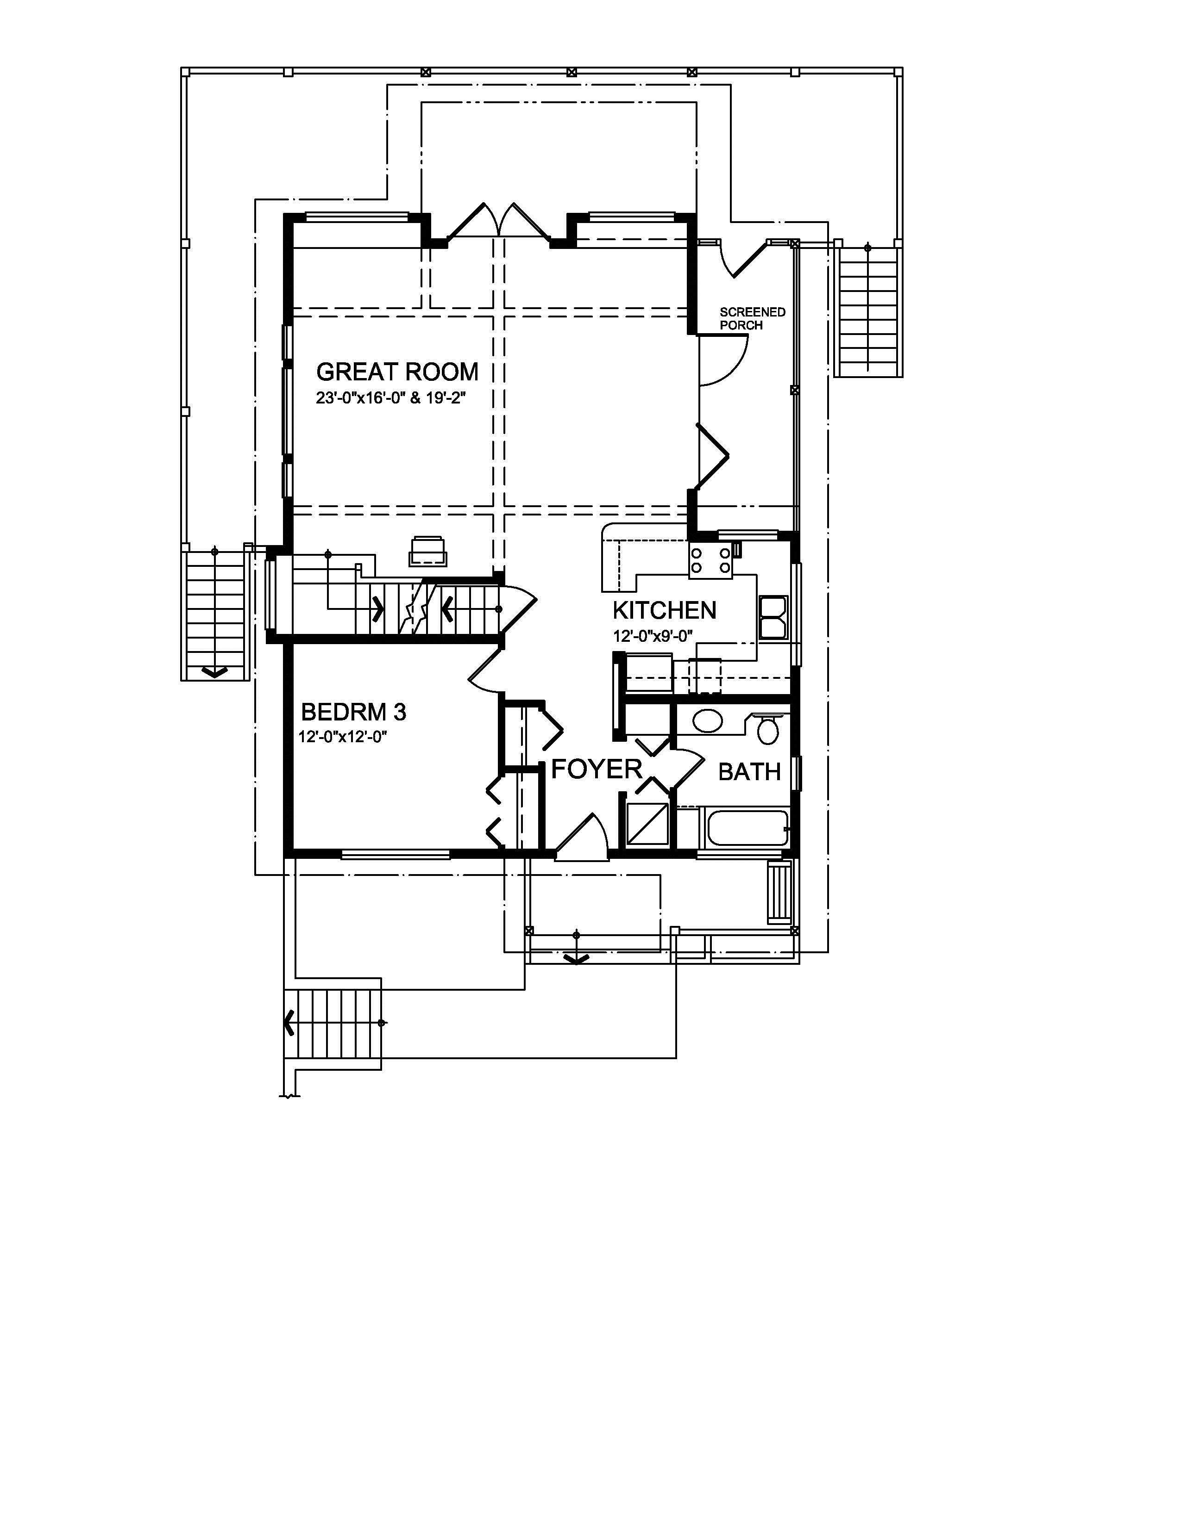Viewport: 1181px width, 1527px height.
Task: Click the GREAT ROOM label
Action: coord(397,371)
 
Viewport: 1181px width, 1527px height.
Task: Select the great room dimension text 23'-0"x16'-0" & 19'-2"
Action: coord(390,398)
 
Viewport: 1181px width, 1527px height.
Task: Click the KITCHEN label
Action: coord(664,610)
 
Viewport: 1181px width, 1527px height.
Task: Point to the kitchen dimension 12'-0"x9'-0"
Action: coord(652,636)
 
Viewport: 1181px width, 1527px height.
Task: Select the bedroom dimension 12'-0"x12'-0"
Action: coord(343,737)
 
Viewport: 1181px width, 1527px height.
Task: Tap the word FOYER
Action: coord(596,769)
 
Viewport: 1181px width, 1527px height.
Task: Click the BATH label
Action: coord(749,772)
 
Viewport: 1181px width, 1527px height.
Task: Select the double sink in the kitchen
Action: coord(773,618)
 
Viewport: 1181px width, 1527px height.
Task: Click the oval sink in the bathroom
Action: coord(708,721)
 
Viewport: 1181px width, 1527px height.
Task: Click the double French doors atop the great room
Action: coord(498,222)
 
